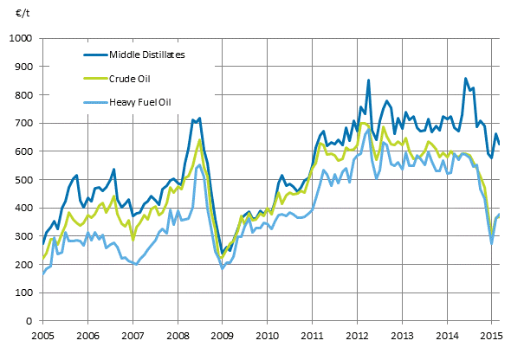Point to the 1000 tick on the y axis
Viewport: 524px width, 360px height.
(20, 39)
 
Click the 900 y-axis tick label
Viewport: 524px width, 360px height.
(23, 67)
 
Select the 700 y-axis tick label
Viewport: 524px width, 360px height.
(23, 124)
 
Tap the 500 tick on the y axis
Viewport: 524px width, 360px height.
(23, 180)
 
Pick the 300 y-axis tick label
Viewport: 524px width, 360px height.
(23, 236)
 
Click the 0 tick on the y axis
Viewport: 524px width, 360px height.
(29, 321)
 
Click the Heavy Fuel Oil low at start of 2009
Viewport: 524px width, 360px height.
(223, 268)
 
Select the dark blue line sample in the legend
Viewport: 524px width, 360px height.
(91, 55)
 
